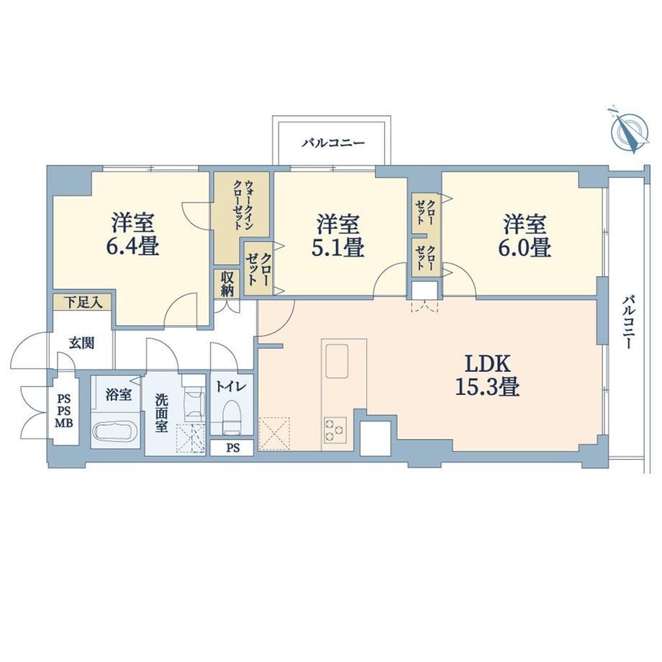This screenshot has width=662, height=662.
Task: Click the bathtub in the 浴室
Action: point(115,434)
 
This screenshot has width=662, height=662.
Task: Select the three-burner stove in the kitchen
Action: point(335,429)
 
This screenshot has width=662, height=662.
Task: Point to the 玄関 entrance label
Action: point(81,343)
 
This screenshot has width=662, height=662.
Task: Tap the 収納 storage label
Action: point(227,284)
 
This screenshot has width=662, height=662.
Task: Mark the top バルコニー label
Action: point(332,142)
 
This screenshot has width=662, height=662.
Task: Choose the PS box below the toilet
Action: point(231,448)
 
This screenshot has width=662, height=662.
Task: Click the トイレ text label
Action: point(231,386)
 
